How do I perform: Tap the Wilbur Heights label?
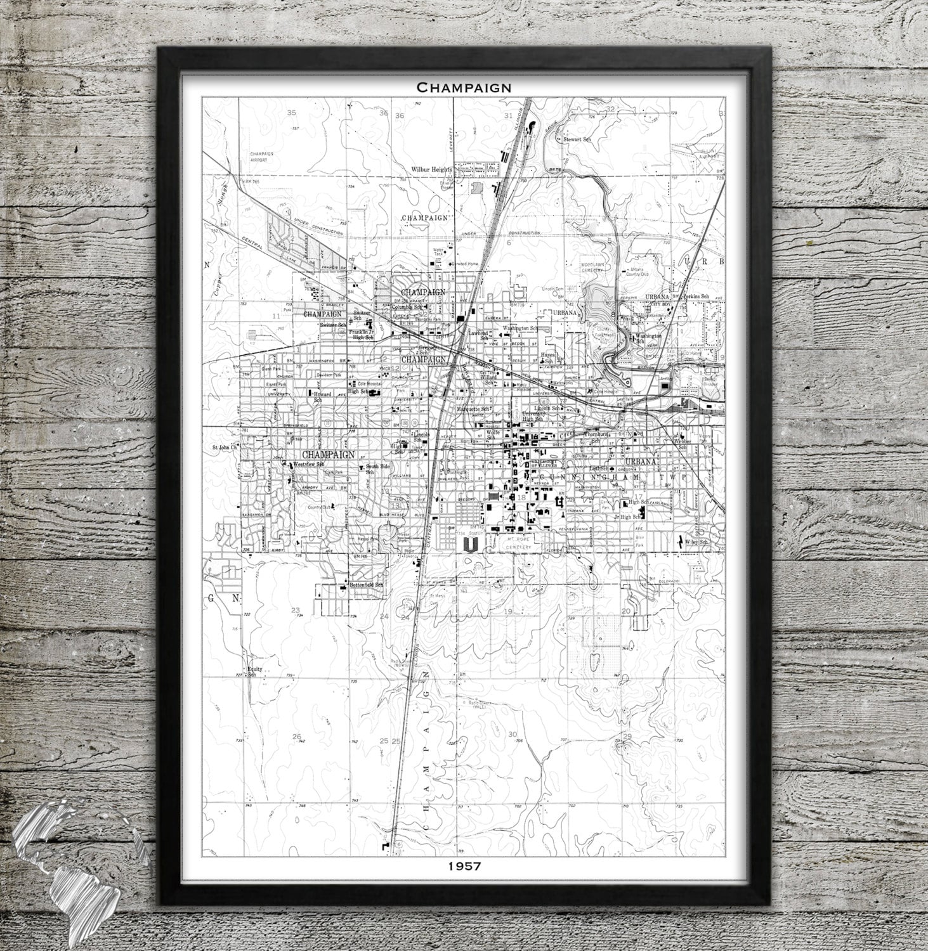(431, 169)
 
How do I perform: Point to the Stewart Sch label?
(569, 138)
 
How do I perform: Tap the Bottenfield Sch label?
(365, 585)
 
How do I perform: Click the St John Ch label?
(223, 447)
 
